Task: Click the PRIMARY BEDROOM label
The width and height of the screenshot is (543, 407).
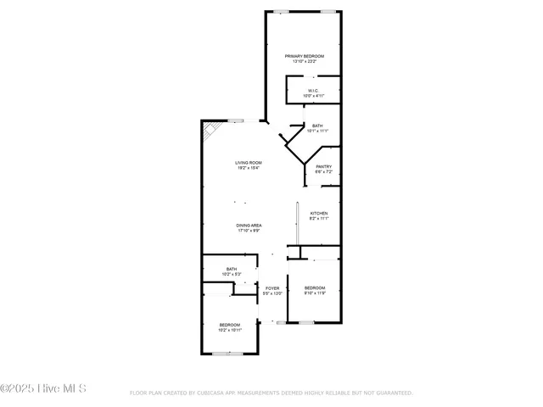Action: coord(305,56)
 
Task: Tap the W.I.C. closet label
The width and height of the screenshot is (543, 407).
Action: coord(313,92)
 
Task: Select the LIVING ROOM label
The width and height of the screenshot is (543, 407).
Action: coord(249,163)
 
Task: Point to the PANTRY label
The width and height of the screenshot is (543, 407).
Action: coord(323,167)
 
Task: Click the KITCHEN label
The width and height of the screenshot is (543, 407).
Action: coord(319,213)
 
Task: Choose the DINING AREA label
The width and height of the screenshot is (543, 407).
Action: coord(249,225)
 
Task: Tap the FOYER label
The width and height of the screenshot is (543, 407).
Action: coord(272,288)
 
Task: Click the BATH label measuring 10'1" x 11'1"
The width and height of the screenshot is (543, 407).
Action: coord(316,125)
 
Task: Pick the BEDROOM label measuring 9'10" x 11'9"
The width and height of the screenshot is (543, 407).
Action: coord(315,287)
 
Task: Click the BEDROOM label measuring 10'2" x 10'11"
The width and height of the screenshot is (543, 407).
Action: coord(230,325)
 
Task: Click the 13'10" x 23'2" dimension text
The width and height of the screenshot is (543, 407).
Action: coord(305,61)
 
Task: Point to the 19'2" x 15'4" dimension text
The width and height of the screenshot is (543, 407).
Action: coord(249,168)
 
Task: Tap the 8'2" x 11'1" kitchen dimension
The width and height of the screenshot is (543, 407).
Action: coord(319,218)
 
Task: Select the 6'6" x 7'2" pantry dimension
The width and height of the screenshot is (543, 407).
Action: coord(323,172)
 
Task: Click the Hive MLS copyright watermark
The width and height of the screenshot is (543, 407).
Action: coord(44,389)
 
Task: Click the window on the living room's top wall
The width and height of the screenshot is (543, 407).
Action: coord(238,120)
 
